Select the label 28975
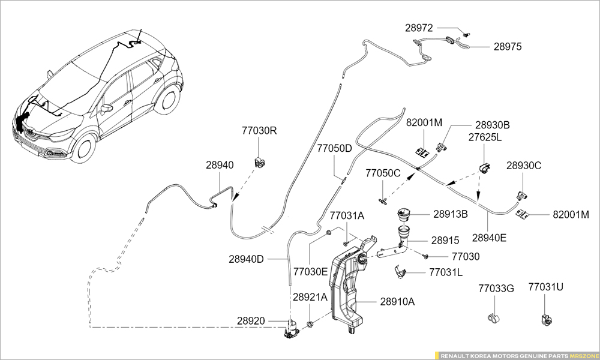508,46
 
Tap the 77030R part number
259,131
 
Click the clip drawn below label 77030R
260,161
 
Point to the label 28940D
246,259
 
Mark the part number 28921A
310,297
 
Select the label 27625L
485,137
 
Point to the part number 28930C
524,166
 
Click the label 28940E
489,238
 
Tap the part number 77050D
334,148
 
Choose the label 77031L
446,272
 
